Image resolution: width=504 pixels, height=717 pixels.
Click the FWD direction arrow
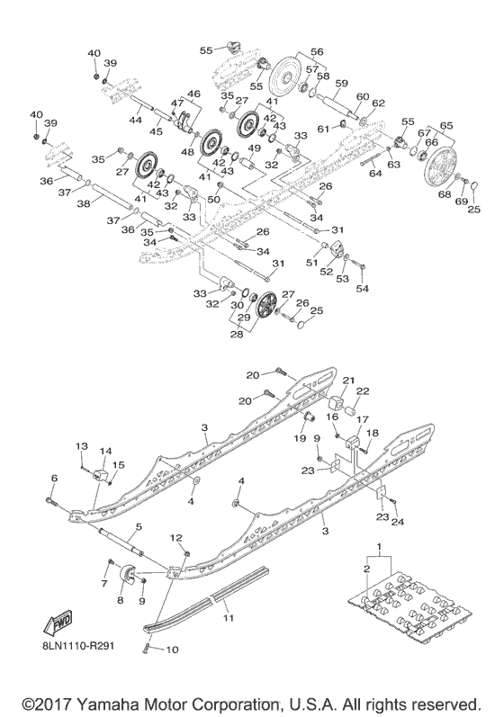[47, 622]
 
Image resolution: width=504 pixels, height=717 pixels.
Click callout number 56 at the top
[292, 52]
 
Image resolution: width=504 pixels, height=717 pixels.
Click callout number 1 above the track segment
[378, 548]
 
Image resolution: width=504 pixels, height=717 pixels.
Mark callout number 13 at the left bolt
[81, 447]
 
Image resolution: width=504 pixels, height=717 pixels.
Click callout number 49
[254, 148]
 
